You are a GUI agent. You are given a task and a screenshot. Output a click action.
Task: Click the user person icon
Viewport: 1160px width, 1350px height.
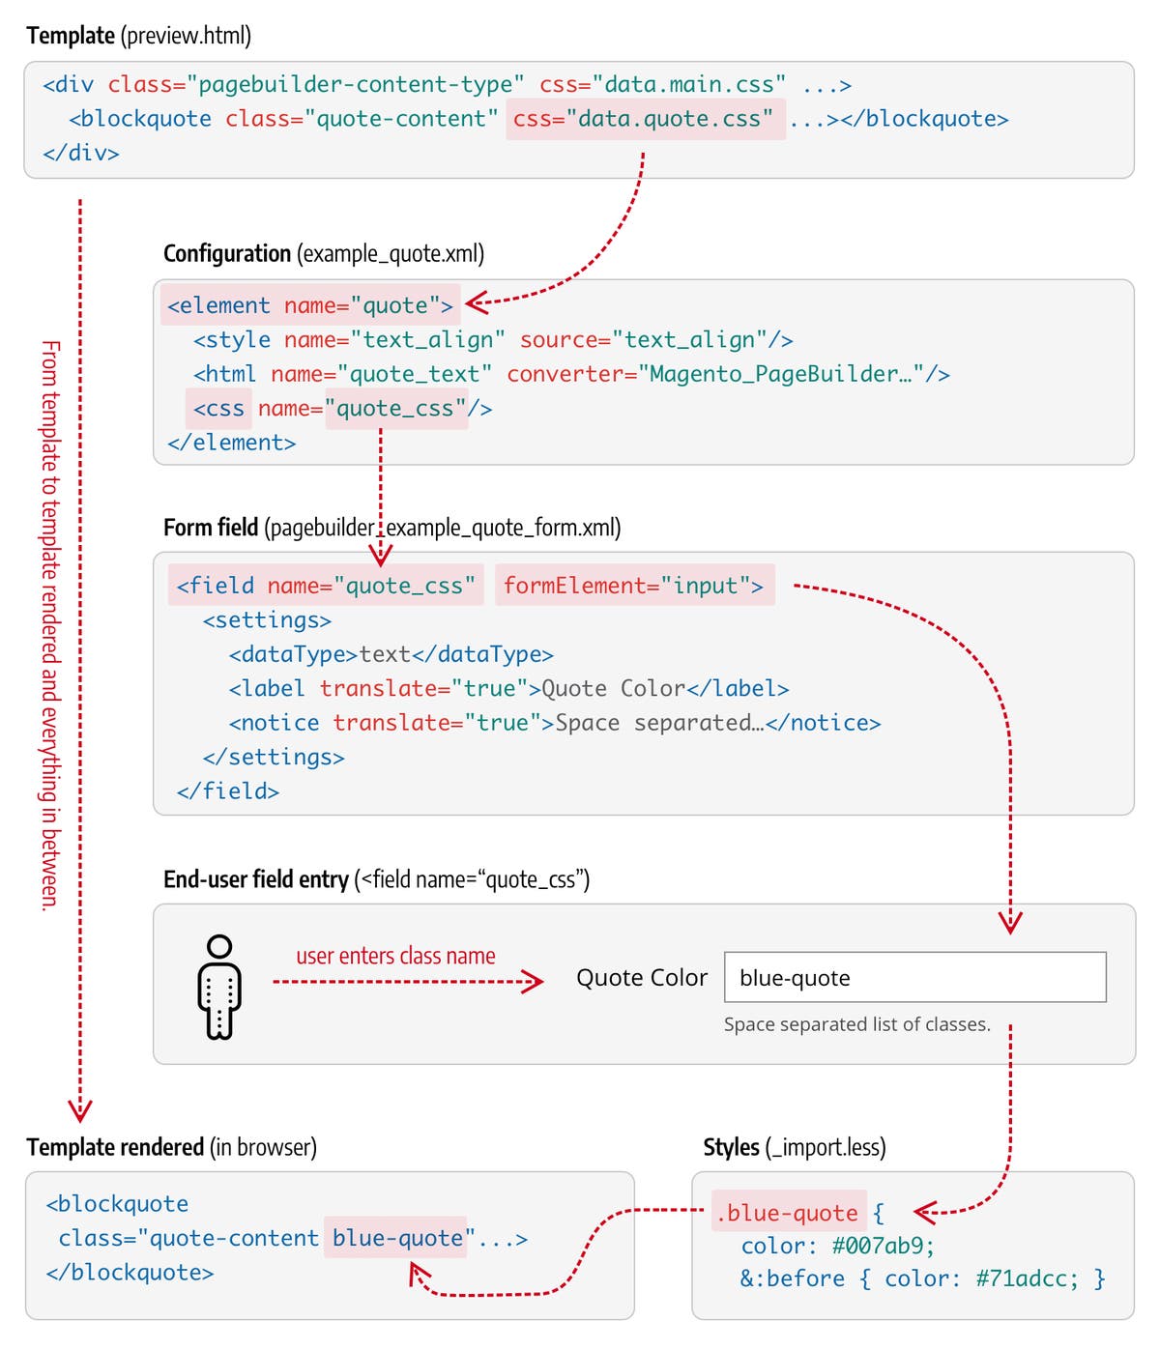coord(219,987)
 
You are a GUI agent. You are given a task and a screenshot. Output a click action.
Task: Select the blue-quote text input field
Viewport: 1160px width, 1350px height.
coord(914,977)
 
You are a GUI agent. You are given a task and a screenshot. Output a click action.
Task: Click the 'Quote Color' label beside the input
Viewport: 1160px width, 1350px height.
coord(642,978)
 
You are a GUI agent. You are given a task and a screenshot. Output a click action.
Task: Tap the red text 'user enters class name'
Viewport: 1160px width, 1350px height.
coord(395,956)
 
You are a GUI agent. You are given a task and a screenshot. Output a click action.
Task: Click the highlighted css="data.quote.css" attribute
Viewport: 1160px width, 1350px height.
coord(644,119)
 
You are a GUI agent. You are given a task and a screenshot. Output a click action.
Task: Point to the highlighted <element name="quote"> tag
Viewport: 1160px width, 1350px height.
coord(309,305)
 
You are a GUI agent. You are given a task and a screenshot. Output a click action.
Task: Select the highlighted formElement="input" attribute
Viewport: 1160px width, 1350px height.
coord(634,586)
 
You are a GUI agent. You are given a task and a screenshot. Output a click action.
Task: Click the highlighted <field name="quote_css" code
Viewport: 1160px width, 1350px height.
coord(326,586)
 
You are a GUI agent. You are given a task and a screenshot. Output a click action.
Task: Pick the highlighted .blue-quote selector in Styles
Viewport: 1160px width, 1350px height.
coord(788,1213)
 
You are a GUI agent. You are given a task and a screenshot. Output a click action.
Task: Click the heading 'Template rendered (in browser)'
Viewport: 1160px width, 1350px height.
coord(171,1147)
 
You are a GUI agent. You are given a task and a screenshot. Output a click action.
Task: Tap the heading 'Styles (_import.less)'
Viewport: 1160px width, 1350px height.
coord(794,1147)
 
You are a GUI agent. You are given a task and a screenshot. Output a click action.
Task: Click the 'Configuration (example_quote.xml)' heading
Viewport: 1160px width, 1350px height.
coord(324,253)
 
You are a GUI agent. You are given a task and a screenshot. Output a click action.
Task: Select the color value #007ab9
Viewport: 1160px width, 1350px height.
coord(883,1246)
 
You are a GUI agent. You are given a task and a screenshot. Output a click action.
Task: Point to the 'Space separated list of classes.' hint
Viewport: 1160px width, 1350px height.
coord(856,1024)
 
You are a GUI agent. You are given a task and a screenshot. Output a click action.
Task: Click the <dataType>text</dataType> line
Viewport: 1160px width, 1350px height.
coord(391,654)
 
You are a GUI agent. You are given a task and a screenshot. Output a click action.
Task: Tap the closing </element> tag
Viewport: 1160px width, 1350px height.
coord(231,443)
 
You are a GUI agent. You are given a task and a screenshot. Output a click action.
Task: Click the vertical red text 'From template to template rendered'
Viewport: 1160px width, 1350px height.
coord(50,623)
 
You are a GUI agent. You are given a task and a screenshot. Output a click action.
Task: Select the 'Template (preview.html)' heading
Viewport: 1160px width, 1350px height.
coord(138,36)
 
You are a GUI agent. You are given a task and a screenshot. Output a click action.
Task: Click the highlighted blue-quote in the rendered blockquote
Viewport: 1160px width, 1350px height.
coord(397,1238)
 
